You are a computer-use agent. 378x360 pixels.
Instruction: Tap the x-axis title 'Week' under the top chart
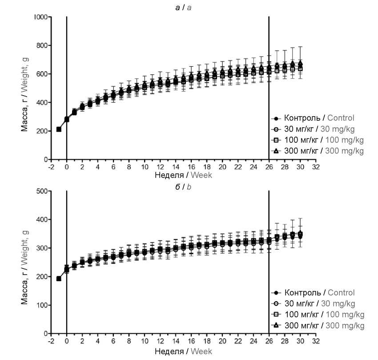[x=201, y=175]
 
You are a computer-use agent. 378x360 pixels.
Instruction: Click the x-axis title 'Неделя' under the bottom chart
[x=169, y=351]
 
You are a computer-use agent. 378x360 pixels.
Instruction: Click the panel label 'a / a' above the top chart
[x=183, y=8]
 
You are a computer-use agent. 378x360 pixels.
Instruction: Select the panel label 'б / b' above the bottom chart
[x=183, y=186]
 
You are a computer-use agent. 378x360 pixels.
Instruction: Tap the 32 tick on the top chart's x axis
[x=316, y=166]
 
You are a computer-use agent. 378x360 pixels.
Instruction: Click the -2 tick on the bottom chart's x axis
[x=51, y=341]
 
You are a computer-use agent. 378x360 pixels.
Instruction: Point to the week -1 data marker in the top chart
[x=59, y=129]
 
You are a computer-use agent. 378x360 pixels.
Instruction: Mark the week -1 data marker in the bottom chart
[x=59, y=279]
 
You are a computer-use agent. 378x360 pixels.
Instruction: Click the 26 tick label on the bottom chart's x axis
[x=269, y=341]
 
